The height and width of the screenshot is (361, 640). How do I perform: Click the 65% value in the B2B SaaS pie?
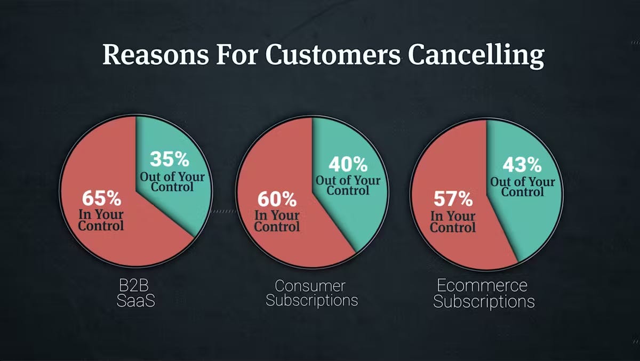pos(101,198)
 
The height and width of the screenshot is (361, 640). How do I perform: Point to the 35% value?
pos(169,159)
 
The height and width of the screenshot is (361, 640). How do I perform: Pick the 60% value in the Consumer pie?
pos(277,199)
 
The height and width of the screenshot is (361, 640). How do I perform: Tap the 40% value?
pos(347,163)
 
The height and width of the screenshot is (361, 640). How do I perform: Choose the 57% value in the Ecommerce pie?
pos(453,199)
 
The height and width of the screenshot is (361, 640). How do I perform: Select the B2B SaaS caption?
pos(135,293)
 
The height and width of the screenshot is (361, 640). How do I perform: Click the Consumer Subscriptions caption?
pos(311,293)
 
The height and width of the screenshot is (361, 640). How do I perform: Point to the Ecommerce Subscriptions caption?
pos(484,293)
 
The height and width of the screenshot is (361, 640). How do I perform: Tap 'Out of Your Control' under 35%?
pos(172,181)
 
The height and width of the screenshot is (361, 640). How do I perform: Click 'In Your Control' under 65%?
pos(101,220)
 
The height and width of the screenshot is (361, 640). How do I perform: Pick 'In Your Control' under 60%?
pos(277,221)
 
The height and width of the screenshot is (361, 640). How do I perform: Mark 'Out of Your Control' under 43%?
pos(523,187)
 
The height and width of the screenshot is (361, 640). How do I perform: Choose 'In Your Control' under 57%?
pos(453,221)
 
